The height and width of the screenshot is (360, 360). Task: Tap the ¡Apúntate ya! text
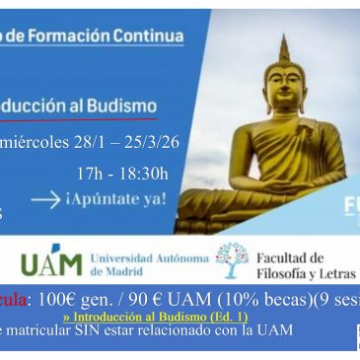pos(116,200)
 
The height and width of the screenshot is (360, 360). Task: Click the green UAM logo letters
pos(51,264)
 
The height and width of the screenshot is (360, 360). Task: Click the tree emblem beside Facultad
pos(232,259)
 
